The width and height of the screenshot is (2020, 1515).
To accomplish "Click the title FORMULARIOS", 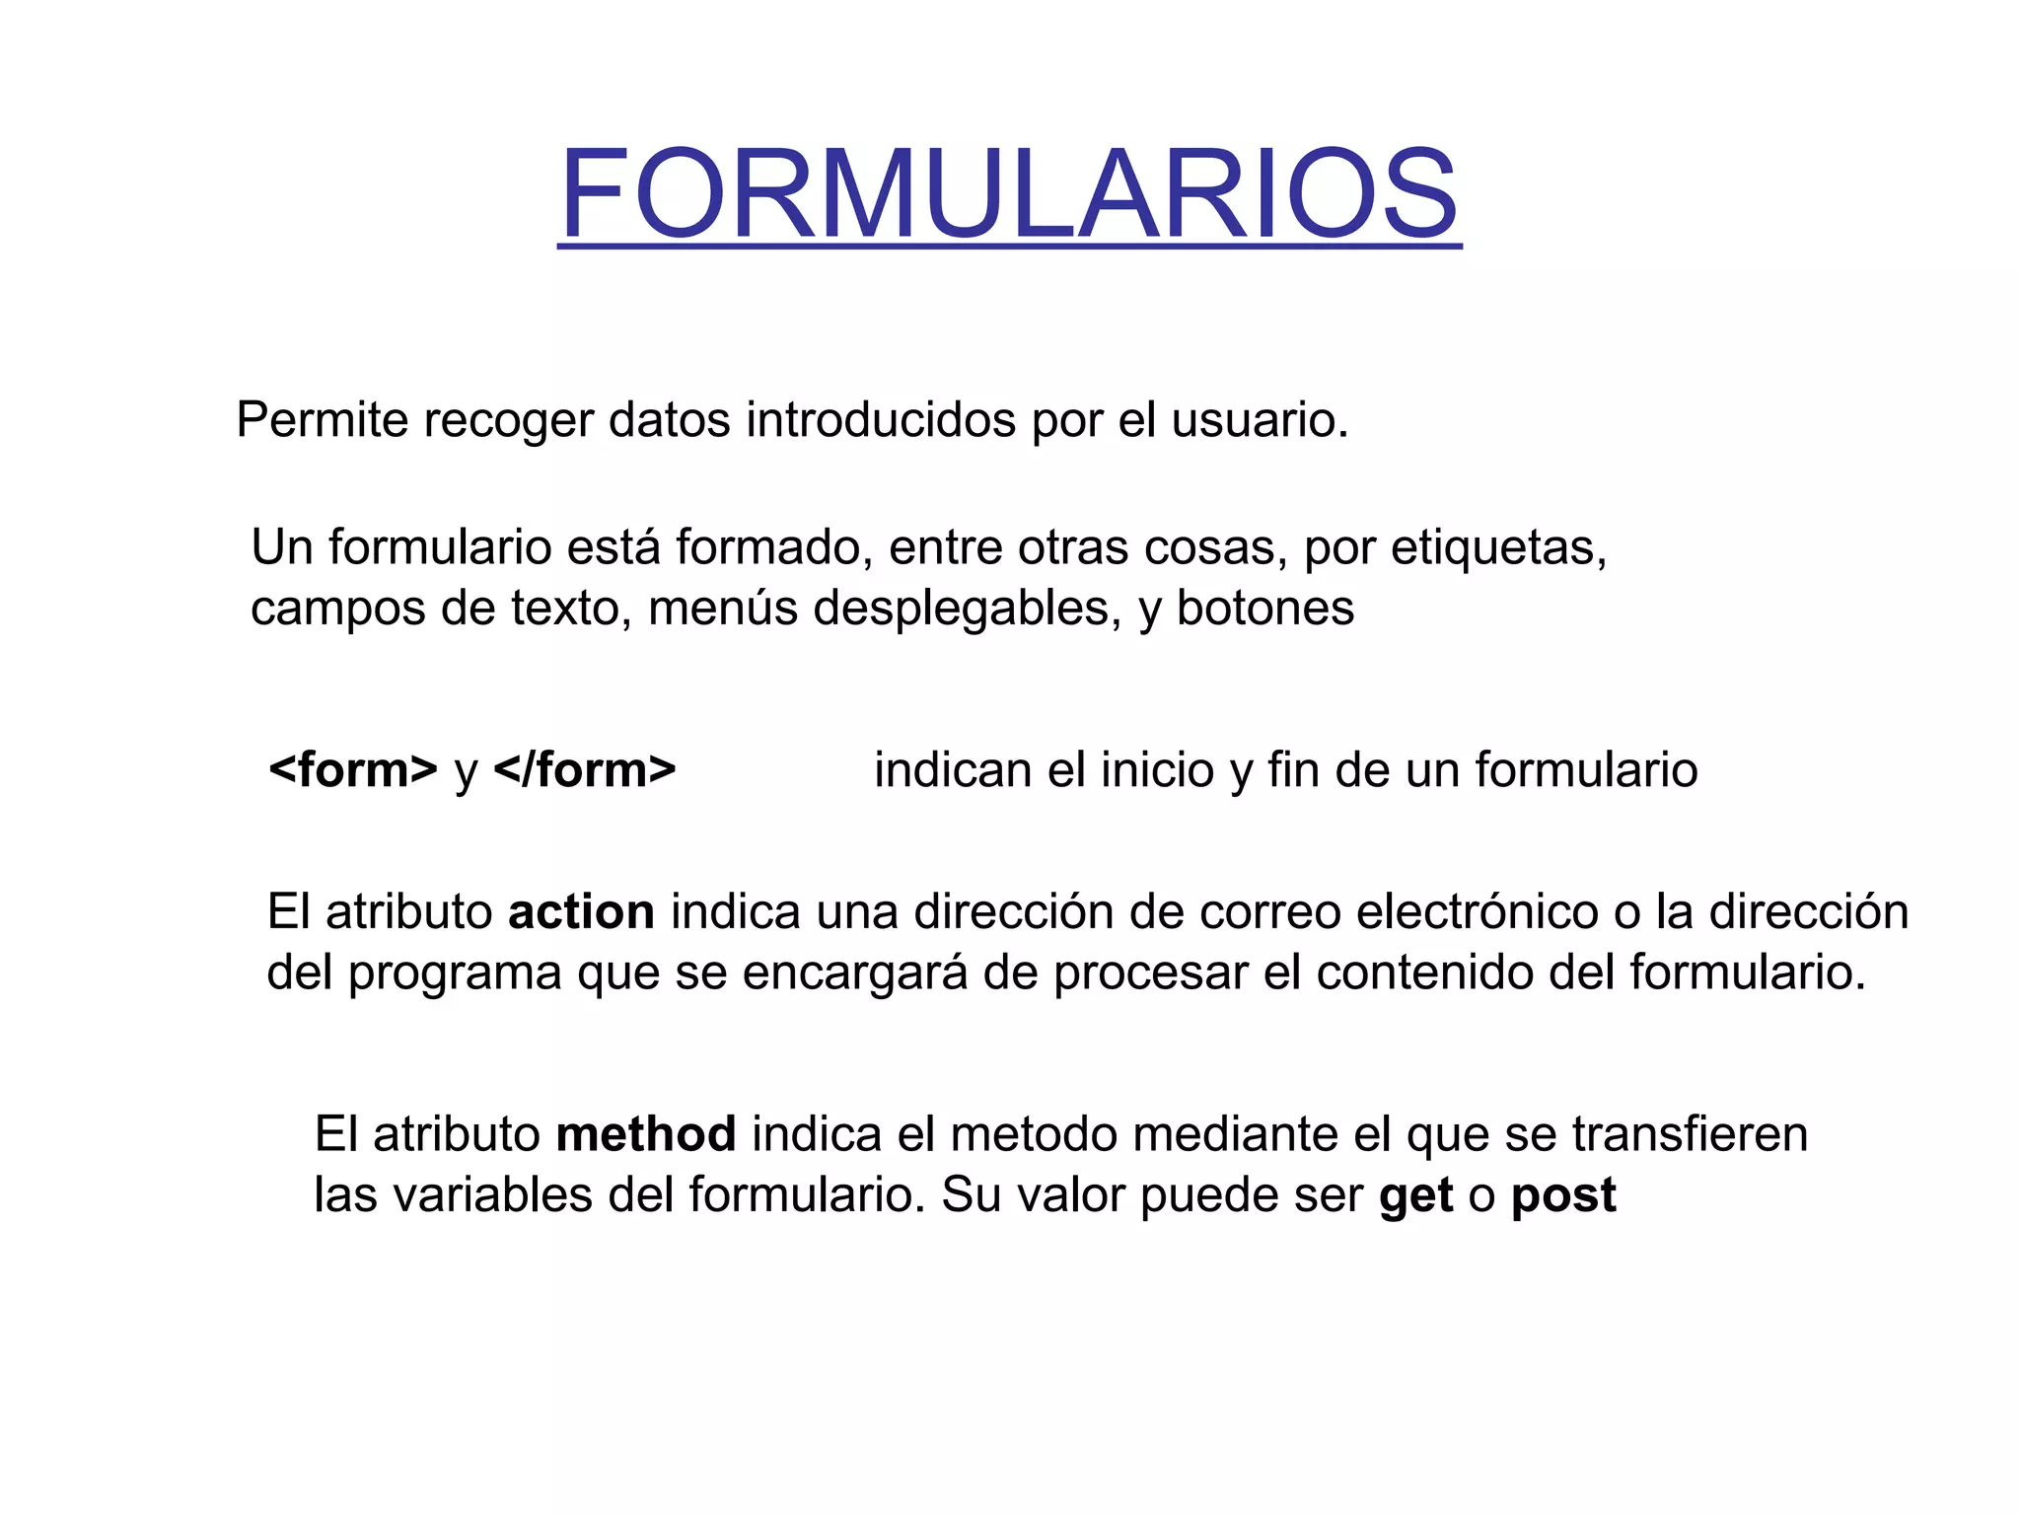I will pos(1008,193).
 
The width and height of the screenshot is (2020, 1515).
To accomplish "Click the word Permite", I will pos(322,421).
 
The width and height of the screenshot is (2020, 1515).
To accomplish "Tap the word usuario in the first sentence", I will pos(1259,421).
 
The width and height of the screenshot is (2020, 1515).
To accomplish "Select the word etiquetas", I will pos(1498,548).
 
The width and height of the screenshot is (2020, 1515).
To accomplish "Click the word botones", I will pos(1265,609).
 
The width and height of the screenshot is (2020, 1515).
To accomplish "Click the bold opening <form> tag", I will pos(352,770).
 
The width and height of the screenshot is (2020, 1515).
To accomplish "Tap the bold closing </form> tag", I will pos(585,770).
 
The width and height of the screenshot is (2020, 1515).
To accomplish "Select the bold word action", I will pos(581,912).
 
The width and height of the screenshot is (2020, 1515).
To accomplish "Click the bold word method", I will pos(646,1134).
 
